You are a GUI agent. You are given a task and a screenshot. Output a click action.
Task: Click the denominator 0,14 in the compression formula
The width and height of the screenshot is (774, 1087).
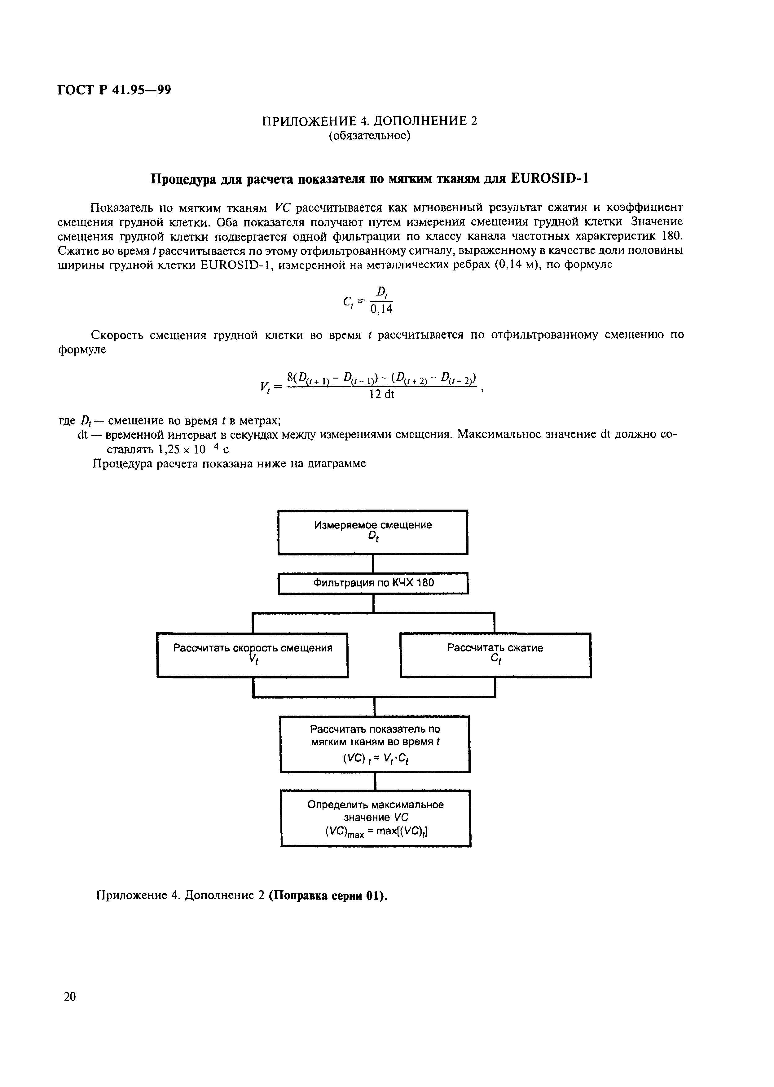[x=381, y=310]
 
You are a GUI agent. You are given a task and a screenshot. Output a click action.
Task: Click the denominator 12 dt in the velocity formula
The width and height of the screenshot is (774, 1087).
[x=382, y=395]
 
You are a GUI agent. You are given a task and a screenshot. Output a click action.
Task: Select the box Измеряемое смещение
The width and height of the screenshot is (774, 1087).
[x=373, y=532]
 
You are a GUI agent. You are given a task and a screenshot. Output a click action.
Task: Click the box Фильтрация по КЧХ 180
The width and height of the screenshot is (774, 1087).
[x=373, y=583]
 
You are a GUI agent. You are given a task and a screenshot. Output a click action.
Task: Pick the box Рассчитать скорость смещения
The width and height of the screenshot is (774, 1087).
[x=252, y=655]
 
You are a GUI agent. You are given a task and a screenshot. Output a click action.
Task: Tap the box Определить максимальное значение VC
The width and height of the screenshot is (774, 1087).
[x=376, y=818]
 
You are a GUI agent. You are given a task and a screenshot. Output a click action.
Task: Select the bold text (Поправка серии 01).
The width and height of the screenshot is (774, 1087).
[x=328, y=896]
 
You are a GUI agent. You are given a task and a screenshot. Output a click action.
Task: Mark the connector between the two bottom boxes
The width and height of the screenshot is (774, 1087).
[x=376, y=782]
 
